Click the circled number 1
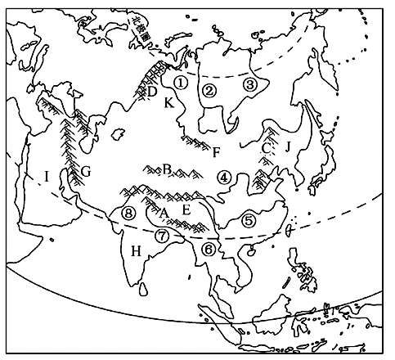[x=181, y=82]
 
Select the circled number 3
[x=251, y=83]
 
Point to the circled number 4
[x=225, y=176]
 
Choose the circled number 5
[x=249, y=219]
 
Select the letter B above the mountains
[x=166, y=169]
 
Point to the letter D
[x=152, y=92]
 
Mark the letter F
[x=216, y=152]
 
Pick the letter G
[x=85, y=172]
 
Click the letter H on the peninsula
[x=136, y=250]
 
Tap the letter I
[x=47, y=175]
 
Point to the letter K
[x=169, y=103]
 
